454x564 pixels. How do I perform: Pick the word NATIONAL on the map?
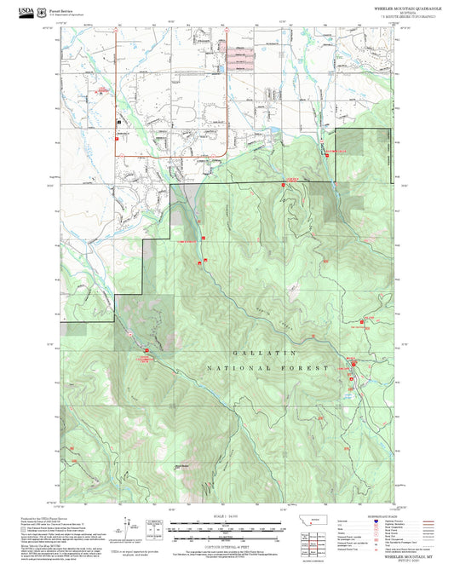pos(231,368)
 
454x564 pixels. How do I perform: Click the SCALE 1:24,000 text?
pos(226,516)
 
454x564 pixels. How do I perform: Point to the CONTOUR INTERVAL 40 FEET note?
pos(226,545)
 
